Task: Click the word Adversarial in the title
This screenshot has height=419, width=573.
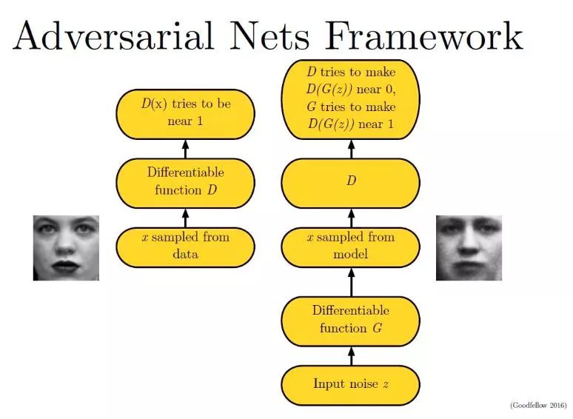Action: click(113, 36)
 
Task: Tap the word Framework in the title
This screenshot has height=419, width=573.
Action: click(424, 36)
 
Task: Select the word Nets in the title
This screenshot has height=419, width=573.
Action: click(269, 36)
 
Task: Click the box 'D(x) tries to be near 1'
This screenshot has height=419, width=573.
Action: click(186, 114)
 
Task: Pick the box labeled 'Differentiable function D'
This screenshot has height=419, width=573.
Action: click(186, 183)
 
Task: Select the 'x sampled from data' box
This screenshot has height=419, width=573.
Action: click(186, 247)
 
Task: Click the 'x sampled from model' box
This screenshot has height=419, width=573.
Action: click(351, 247)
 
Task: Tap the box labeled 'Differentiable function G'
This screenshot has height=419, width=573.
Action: click(351, 321)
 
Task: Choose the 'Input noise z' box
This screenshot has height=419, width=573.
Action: click(351, 386)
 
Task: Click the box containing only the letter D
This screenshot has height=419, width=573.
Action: click(351, 183)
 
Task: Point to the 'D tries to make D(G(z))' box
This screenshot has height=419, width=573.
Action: click(351, 99)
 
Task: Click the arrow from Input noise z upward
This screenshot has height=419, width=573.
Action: click(351, 356)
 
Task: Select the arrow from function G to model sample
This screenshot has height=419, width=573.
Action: click(351, 282)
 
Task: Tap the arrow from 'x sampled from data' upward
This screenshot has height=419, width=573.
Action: click(185, 218)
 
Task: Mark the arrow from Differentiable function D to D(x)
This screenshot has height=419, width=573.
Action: click(185, 149)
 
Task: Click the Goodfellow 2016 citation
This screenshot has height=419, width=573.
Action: click(538, 405)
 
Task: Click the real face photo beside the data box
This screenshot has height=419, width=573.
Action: click(66, 248)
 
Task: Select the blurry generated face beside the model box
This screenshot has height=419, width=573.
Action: click(469, 248)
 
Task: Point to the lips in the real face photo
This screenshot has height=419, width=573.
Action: click(66, 266)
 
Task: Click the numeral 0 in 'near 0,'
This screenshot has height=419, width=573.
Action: click(389, 89)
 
